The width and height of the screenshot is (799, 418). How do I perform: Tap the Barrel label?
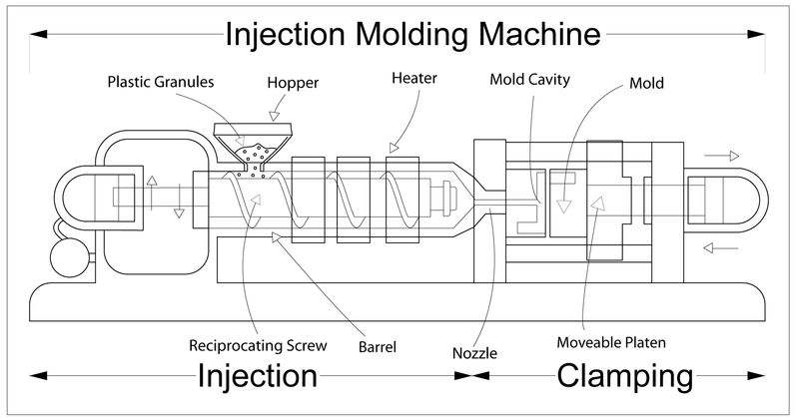click(378, 348)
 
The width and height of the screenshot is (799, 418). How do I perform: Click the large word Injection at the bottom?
click(258, 377)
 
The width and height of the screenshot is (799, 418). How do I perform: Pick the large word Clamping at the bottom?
click(624, 378)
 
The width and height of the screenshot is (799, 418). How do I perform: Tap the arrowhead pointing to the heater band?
click(392, 149)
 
